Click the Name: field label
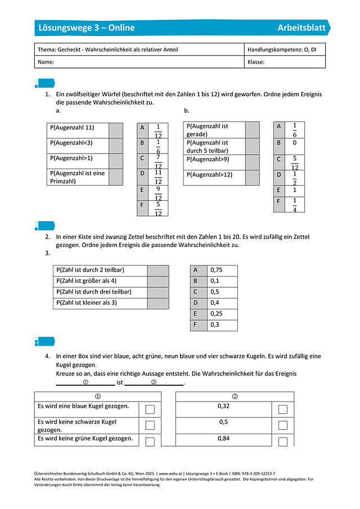(x=46, y=62)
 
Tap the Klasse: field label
(x=256, y=62)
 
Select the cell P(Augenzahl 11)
(x=77, y=130)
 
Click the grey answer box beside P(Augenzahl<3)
(x=115, y=146)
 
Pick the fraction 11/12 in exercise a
(x=158, y=177)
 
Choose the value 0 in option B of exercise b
(x=294, y=143)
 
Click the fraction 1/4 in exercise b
(x=294, y=205)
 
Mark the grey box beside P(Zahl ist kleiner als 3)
(x=158, y=303)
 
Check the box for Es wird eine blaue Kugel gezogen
(x=150, y=409)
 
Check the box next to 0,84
(x=282, y=442)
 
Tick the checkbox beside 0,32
(x=282, y=409)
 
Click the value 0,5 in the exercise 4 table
(x=223, y=422)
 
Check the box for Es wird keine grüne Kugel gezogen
(x=150, y=442)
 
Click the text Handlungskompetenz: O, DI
(x=282, y=49)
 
